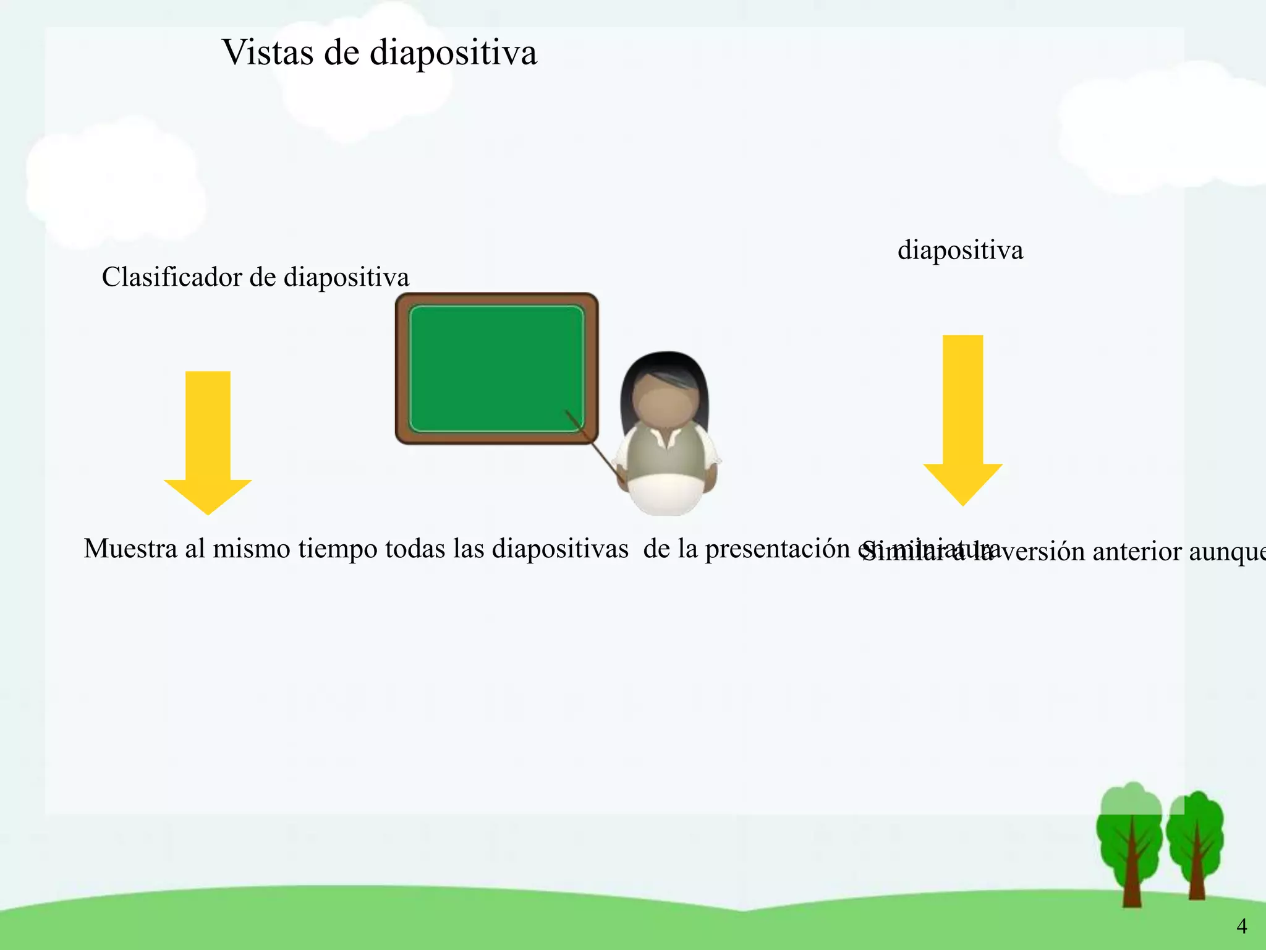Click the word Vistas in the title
coord(268,53)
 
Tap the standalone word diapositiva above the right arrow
coord(960,250)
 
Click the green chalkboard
coord(496,368)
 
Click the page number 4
coord(1241,926)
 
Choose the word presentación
coord(777,549)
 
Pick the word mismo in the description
coord(251,549)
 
